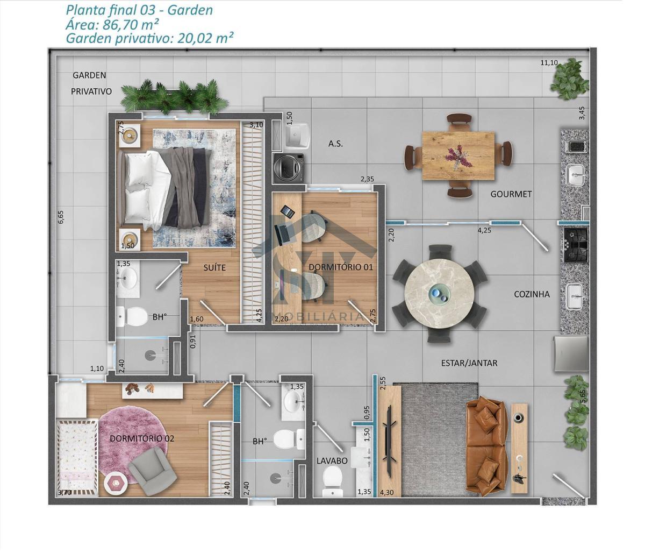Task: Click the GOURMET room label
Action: tap(511, 194)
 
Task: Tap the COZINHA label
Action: tap(532, 294)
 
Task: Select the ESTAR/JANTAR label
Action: tap(469, 363)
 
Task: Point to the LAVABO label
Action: tap(332, 461)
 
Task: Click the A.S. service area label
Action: tap(335, 144)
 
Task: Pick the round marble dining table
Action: tap(440, 294)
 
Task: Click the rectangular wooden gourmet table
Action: tap(458, 156)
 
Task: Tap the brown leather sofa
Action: tap(486, 446)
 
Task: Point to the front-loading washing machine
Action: tap(289, 168)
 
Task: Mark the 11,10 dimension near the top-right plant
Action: tap(549, 63)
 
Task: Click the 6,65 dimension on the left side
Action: tap(61, 217)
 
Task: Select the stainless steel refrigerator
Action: tap(571, 353)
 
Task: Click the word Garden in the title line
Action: tap(190, 10)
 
